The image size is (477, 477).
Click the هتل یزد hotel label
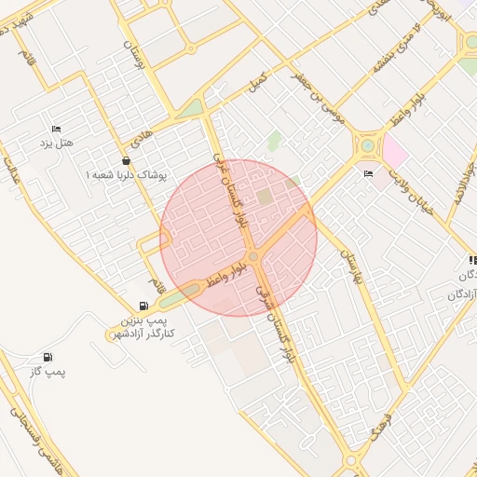[x=57, y=143]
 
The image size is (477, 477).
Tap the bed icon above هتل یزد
[x=57, y=129]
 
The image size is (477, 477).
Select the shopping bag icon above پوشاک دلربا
[x=126, y=160]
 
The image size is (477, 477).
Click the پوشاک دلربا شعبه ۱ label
[x=126, y=174]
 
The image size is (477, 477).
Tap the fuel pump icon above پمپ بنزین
[x=143, y=306]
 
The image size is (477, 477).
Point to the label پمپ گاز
[x=48, y=372]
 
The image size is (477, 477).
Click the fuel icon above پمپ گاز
[x=48, y=357]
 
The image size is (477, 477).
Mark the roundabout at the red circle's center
[x=252, y=256]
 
